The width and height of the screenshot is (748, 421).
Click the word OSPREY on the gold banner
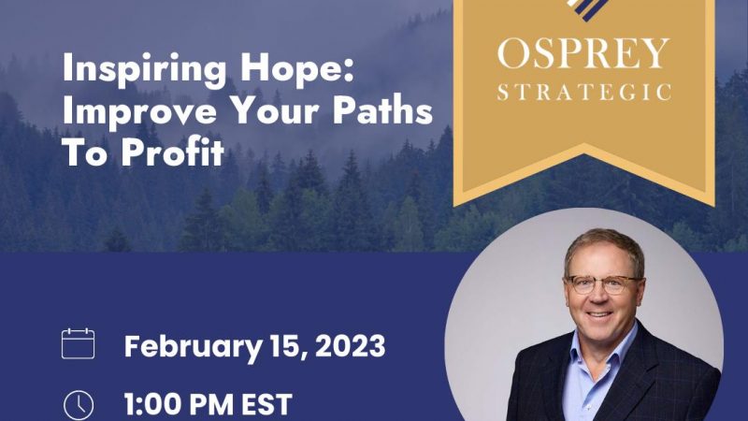tap(583, 53)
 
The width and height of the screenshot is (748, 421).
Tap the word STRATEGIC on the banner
tap(583, 92)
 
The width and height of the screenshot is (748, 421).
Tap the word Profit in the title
tap(172, 152)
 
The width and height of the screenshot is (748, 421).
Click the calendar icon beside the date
tap(79, 343)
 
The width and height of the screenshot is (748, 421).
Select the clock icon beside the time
tap(79, 406)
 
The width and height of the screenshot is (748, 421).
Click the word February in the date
tap(193, 347)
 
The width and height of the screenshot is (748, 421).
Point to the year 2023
tap(350, 345)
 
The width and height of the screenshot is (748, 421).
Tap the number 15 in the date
tap(288, 346)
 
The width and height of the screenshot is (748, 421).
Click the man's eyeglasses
tap(602, 284)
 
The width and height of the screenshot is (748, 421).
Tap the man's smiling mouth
tap(599, 314)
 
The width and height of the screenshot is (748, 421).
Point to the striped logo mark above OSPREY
tap(587, 9)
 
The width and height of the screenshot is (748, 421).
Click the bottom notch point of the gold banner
tap(583, 145)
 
